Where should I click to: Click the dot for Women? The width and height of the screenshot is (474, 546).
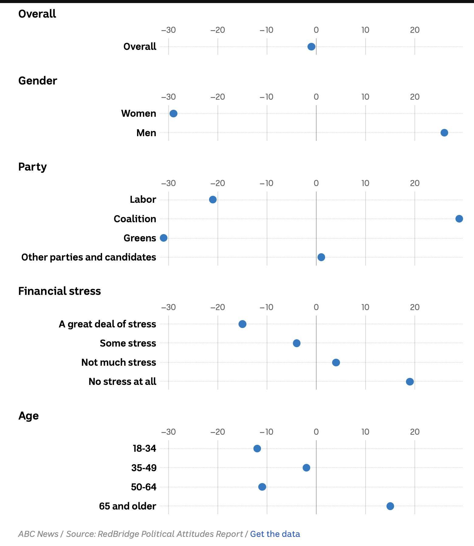click(x=173, y=114)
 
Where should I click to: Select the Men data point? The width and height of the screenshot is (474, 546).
click(x=444, y=133)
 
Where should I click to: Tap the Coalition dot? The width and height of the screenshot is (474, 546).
click(x=459, y=219)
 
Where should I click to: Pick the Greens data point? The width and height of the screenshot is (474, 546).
click(x=163, y=238)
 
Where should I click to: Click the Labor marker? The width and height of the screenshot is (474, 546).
click(x=213, y=200)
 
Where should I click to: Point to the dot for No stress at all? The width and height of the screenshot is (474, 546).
click(x=410, y=382)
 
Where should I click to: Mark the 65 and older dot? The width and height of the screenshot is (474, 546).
click(x=390, y=506)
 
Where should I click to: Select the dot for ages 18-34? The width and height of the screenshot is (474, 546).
click(x=257, y=449)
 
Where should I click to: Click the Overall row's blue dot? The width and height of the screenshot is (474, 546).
click(x=311, y=47)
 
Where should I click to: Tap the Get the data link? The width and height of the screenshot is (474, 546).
click(x=275, y=534)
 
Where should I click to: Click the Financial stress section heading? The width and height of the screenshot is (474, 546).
click(x=60, y=291)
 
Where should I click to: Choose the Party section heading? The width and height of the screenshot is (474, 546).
click(x=33, y=167)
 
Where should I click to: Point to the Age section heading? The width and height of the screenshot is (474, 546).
click(x=29, y=416)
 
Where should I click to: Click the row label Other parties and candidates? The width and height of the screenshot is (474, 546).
click(x=89, y=257)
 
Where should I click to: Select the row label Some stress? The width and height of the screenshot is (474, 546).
click(x=128, y=343)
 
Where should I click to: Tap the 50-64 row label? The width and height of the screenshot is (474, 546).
click(x=144, y=487)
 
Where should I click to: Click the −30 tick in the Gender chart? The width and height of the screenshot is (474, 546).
click(x=168, y=97)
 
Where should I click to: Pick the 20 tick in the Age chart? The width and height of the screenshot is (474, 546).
click(x=415, y=432)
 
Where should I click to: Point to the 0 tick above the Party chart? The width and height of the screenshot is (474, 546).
click(x=316, y=183)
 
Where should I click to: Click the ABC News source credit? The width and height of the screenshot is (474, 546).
click(x=38, y=534)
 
